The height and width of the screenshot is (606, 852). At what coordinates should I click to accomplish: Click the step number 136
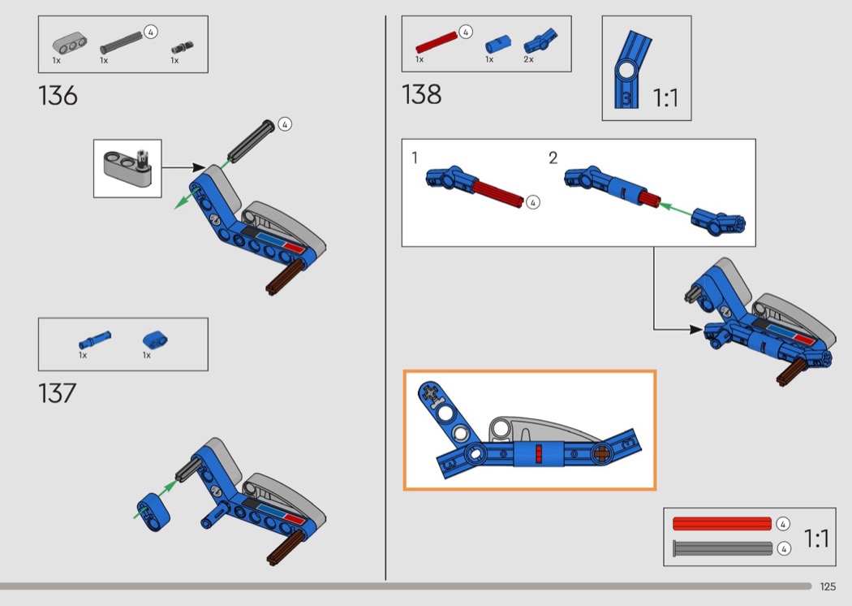58,96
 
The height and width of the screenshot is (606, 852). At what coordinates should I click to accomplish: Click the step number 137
57,392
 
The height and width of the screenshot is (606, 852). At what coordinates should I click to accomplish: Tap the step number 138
421,94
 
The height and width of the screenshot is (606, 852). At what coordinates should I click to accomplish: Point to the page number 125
828,587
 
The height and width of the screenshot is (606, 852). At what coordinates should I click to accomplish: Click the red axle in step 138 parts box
437,42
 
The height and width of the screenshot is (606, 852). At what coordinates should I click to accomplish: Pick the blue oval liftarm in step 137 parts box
155,340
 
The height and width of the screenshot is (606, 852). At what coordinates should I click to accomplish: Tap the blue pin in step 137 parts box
95,340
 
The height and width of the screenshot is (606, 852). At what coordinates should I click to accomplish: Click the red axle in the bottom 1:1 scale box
722,523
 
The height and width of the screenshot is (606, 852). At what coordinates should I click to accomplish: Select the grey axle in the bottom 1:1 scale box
722,548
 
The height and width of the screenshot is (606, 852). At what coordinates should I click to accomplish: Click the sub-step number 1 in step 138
415,158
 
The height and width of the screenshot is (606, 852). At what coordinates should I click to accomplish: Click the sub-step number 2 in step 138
553,158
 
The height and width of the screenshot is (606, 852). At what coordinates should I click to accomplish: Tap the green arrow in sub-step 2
675,210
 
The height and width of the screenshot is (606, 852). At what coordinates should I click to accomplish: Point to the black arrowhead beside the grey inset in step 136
198,167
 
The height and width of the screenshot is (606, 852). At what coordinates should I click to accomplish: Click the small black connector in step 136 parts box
183,47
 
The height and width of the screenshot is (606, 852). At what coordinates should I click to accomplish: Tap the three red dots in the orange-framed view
539,453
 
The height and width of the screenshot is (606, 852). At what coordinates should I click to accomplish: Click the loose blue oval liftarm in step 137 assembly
153,512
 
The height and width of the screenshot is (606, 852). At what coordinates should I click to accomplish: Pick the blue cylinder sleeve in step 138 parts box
497,44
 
